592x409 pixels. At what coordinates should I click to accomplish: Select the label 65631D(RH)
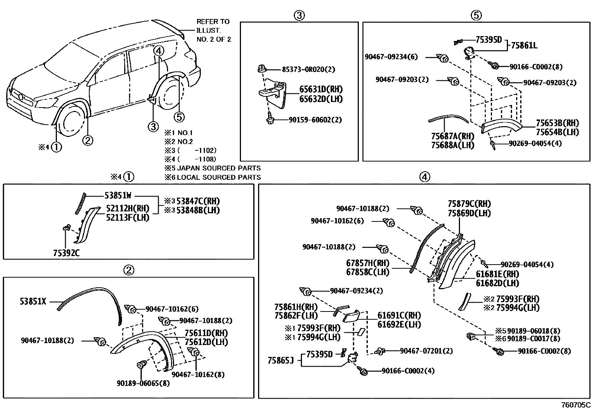tap(321, 89)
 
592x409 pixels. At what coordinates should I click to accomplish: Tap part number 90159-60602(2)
tap(315, 120)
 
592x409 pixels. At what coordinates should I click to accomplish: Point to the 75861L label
tap(524, 45)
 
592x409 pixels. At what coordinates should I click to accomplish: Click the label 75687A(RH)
tap(453, 136)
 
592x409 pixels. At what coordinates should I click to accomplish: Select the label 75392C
tap(66, 253)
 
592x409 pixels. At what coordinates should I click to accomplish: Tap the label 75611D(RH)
tap(206, 333)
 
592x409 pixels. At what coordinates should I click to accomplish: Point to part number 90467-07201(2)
tap(426, 351)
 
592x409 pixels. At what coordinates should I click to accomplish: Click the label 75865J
tap(280, 360)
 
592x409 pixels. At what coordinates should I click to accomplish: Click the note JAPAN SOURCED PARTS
tap(219, 168)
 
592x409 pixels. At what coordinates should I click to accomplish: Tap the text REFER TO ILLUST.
tap(213, 26)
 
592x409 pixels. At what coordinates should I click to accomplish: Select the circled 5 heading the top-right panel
tap(476, 15)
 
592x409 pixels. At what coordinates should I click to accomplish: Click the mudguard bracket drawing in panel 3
tap(271, 95)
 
